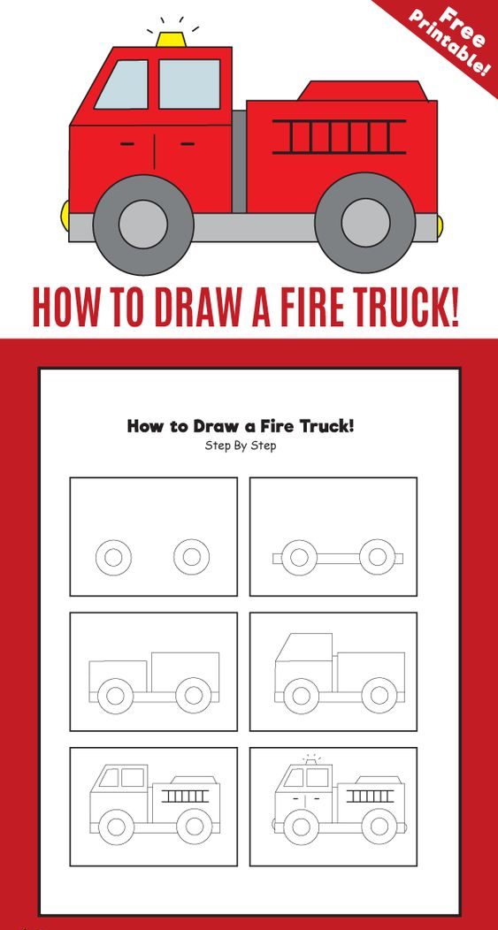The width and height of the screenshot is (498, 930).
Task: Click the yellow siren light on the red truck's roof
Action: [171, 39]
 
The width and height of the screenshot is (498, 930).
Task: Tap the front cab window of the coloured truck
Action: [123, 84]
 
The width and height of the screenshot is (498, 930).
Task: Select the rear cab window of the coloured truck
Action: [189, 84]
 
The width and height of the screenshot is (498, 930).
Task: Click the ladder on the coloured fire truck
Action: [339, 136]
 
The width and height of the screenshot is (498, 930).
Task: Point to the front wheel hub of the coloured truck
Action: [143, 224]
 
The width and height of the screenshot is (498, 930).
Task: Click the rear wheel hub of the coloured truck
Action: [365, 223]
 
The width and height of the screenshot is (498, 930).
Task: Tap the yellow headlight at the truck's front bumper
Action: [65, 216]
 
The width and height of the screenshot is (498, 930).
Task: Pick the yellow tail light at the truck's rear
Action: [440, 225]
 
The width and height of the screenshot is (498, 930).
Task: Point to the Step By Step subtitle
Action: [241, 446]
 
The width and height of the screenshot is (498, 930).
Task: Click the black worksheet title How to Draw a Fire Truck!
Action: [241, 426]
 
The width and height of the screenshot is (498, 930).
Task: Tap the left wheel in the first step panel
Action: [113, 558]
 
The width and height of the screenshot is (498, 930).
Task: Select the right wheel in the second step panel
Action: [378, 558]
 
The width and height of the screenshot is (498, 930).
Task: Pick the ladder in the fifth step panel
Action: [185, 796]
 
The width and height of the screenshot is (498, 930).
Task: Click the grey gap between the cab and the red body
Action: [239, 161]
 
